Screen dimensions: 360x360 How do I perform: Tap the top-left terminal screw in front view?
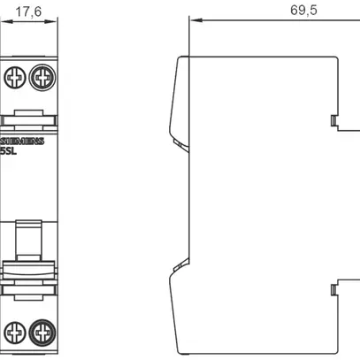(x=15, y=78)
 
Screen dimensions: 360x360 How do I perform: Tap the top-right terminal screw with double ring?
(x=42, y=78)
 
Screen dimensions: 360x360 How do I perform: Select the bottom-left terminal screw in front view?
(x=15, y=333)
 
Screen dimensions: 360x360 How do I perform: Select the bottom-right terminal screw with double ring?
(x=42, y=333)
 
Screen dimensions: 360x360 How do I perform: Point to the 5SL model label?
(x=9, y=151)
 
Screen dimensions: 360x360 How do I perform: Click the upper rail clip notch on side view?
(x=333, y=121)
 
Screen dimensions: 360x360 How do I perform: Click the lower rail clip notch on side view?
(x=333, y=288)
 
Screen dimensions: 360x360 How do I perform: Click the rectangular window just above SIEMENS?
(x=29, y=115)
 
